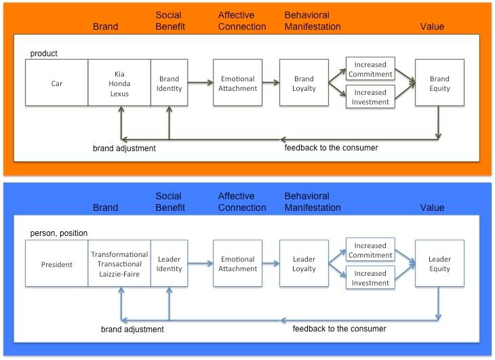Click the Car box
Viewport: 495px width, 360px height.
[56, 83]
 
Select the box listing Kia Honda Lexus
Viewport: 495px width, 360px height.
[119, 83]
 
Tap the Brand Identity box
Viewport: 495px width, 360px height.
[169, 83]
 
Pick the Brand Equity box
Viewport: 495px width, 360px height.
[439, 83]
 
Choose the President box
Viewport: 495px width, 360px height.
[56, 264]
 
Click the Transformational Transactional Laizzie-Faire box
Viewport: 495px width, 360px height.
[119, 264]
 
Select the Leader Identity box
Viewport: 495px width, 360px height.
[169, 264]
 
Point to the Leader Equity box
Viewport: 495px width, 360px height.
[439, 264]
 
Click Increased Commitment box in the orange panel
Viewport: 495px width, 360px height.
[370, 69]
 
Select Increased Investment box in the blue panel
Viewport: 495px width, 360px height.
[370, 278]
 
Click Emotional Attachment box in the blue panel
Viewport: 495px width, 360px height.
[237, 264]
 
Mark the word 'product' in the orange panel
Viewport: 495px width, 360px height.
[44, 53]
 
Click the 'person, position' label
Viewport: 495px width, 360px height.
[59, 233]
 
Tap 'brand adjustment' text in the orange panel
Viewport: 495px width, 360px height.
[124, 148]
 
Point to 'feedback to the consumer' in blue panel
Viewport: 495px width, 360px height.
[339, 329]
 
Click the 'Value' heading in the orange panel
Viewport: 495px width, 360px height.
[432, 26]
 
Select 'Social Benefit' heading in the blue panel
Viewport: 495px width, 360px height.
[168, 202]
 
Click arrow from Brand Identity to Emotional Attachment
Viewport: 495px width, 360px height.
[200, 83]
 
